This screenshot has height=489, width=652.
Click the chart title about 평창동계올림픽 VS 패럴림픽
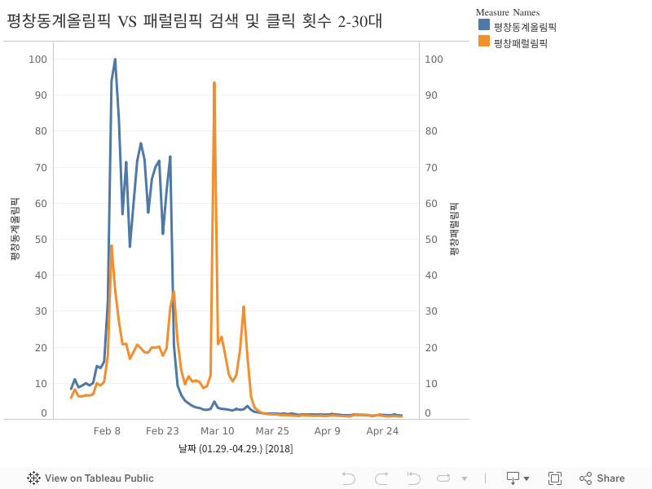click(x=194, y=22)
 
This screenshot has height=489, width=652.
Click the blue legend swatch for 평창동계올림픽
click(x=484, y=26)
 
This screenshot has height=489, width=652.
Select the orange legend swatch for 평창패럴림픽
click(x=484, y=42)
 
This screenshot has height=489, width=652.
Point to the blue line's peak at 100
click(x=115, y=59)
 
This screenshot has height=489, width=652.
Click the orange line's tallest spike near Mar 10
click(x=214, y=83)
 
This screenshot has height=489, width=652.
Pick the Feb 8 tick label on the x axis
click(x=107, y=430)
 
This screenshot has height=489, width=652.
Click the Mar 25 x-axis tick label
click(x=272, y=430)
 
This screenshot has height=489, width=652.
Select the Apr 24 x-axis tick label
click(x=382, y=430)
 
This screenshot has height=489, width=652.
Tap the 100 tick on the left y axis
click(x=38, y=59)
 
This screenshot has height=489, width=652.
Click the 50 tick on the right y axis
click(x=434, y=240)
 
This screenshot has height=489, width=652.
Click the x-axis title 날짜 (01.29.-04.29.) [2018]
click(x=236, y=448)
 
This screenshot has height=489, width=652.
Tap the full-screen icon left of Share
click(x=555, y=478)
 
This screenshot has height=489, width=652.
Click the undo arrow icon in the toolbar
click(x=349, y=478)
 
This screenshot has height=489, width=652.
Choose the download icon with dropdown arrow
click(x=518, y=478)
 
